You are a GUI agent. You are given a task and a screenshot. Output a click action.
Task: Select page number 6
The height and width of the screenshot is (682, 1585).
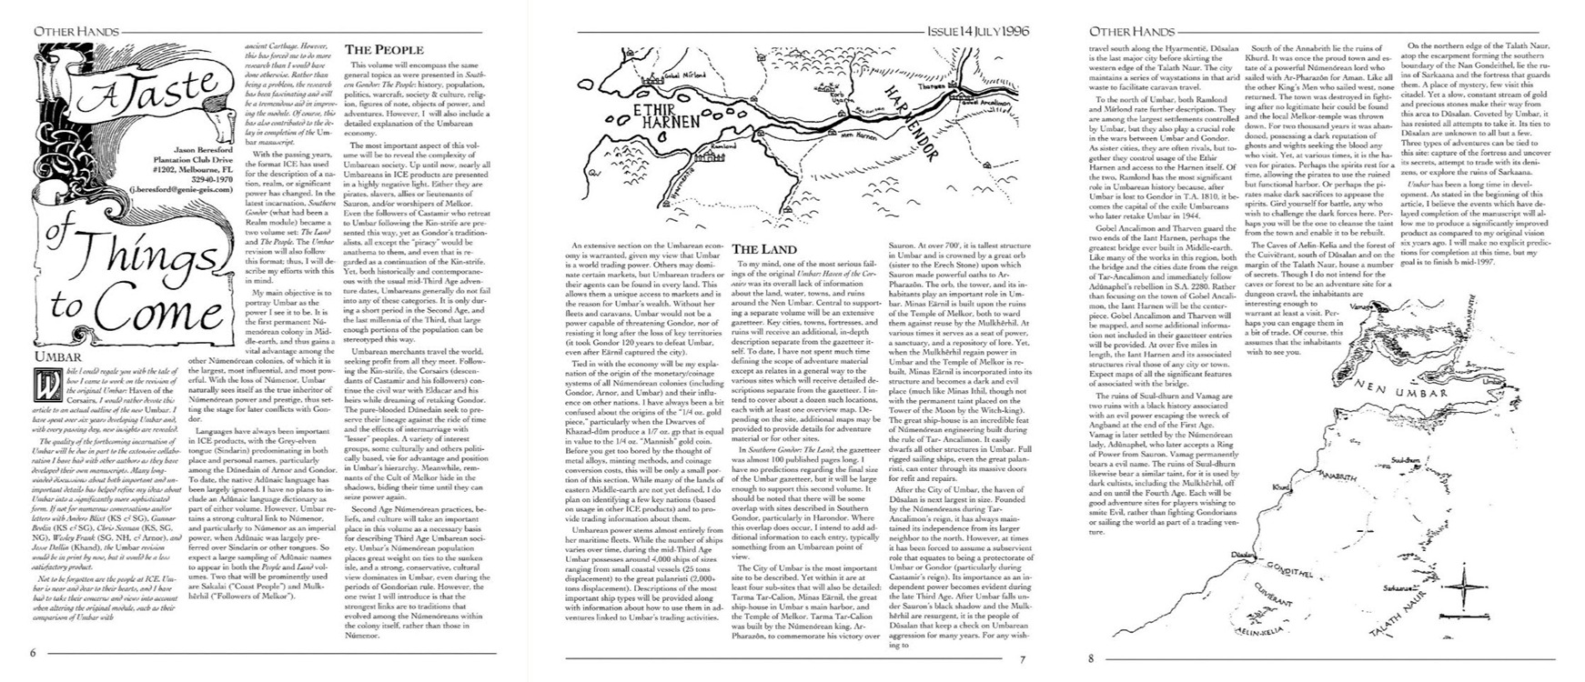click(33, 652)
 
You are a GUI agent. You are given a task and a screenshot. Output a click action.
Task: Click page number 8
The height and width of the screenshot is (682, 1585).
click(1091, 661)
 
